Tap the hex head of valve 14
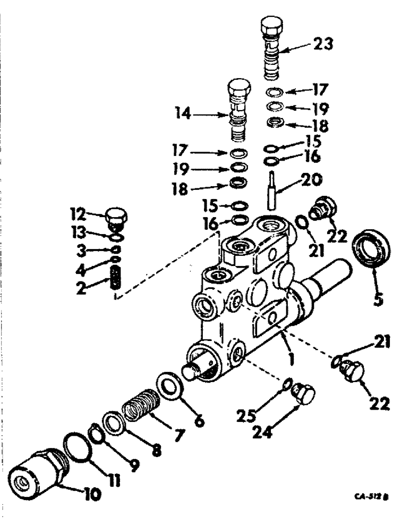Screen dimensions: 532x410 238,87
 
